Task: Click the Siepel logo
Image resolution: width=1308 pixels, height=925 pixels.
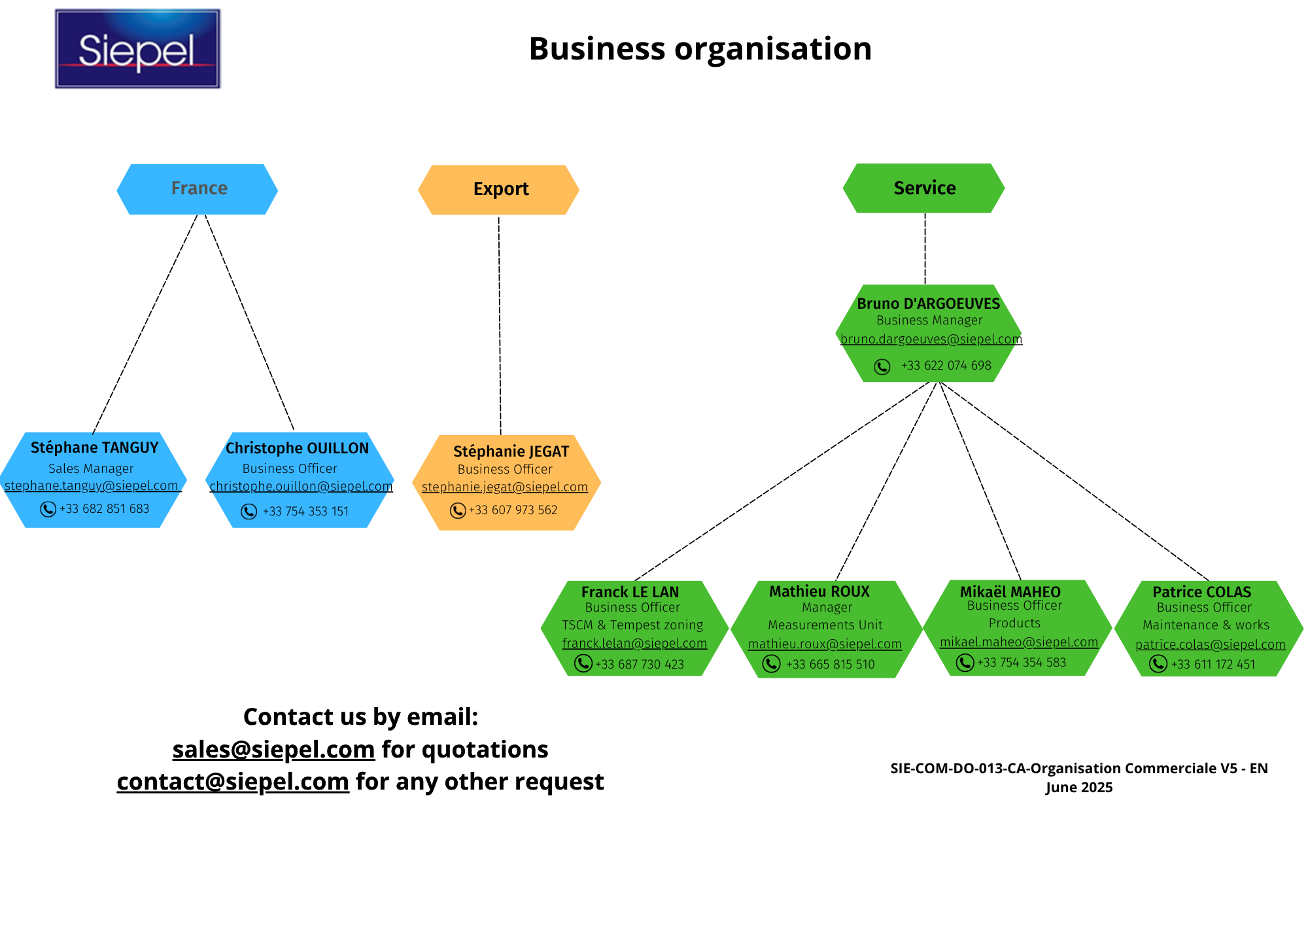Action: point(137,49)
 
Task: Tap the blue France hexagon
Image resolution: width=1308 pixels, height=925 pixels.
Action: point(198,189)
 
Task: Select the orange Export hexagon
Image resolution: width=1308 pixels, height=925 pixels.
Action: point(499,190)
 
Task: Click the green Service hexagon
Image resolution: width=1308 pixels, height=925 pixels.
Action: point(923,188)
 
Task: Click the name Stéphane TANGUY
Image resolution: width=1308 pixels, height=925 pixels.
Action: point(94,447)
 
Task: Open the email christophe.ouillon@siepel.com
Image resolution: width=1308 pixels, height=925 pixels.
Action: point(301,486)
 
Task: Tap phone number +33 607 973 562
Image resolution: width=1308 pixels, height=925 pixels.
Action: point(513,510)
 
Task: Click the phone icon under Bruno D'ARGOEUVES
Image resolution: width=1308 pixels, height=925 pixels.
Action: point(882,366)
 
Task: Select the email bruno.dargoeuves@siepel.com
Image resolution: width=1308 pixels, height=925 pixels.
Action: point(931,339)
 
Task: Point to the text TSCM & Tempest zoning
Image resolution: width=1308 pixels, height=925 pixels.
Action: point(632,625)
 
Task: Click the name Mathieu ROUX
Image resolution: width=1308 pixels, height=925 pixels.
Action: point(819,591)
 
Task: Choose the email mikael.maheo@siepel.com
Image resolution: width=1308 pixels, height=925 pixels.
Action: point(1018,642)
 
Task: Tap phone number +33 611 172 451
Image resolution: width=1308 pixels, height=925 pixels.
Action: point(1213,665)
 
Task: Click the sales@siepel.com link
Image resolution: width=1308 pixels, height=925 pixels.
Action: point(273,750)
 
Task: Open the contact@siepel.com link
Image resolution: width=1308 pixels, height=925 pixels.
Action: point(233,782)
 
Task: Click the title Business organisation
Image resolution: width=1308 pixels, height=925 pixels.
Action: point(700,49)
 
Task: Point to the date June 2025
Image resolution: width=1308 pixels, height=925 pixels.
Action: point(1078,788)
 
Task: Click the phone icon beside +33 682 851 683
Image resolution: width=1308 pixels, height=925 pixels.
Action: point(48,509)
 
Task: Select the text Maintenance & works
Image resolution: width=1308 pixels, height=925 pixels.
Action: point(1205,625)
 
